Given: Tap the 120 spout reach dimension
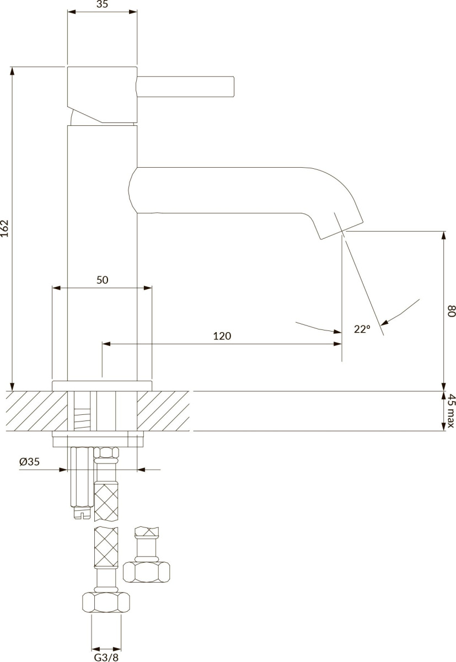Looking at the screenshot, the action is [x=222, y=336].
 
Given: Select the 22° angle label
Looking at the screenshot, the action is [x=362, y=329].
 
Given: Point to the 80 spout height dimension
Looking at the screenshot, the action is [x=452, y=311].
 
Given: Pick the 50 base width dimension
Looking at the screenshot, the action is [x=103, y=280].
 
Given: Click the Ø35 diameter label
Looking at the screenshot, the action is [x=30, y=462].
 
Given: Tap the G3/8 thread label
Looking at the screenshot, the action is [x=106, y=657].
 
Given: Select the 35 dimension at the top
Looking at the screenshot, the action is [x=102, y=4].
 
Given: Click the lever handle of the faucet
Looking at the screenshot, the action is [x=185, y=86].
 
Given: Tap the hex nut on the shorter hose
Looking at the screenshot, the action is [x=146, y=572].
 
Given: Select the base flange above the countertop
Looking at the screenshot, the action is [x=102, y=386].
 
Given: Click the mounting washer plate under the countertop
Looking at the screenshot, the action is [x=98, y=439].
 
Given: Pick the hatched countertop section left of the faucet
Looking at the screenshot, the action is [x=37, y=411].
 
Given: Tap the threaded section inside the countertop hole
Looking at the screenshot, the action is [x=82, y=419].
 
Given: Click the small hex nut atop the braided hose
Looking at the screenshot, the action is [x=106, y=452].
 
